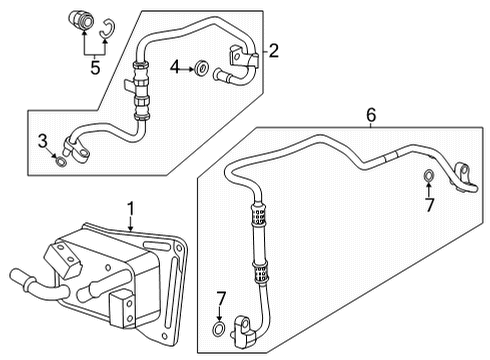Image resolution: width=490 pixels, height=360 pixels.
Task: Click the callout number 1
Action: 131,208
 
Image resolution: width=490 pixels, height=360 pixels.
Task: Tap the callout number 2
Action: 273,51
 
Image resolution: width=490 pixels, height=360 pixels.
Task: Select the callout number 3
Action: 43,141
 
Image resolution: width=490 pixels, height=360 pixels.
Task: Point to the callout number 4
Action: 175,67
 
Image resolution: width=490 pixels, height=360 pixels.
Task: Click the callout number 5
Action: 95,67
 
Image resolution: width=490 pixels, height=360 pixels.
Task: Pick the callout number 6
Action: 371,115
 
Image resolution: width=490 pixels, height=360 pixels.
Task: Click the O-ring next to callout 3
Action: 61,161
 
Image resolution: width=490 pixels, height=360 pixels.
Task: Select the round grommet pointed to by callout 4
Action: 202,69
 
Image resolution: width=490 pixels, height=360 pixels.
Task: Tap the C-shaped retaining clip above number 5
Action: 108,28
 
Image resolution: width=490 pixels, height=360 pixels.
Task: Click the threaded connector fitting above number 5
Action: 81,20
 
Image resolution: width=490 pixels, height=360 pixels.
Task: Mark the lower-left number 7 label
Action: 221,299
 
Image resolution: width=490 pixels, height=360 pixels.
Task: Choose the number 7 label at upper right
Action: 429,205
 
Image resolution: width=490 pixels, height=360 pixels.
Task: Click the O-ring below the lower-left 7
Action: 218,329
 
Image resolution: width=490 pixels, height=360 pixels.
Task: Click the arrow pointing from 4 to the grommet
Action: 187,69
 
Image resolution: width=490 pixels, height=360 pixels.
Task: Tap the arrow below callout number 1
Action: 131,224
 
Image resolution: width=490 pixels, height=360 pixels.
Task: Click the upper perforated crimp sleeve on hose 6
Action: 258,214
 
